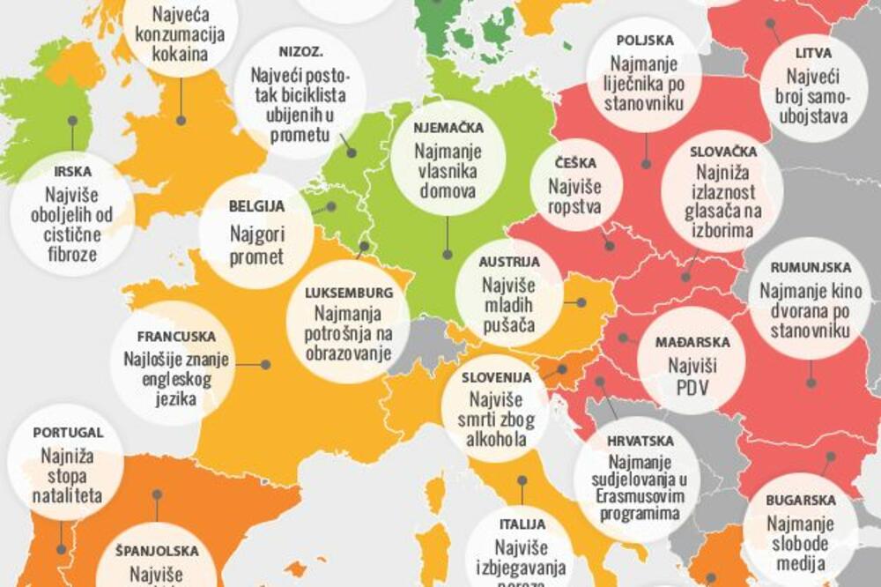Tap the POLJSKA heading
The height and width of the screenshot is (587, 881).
coord(645,41)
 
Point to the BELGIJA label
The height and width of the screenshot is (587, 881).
coord(256,207)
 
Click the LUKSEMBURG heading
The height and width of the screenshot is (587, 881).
coord(347,293)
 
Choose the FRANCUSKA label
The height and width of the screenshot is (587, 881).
coord(172,337)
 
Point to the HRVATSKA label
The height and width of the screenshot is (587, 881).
coord(640,440)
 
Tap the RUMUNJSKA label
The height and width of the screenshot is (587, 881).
coord(811,267)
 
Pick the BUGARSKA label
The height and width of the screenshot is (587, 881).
coord(801,500)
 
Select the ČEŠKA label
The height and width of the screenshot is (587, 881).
coord(576,163)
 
